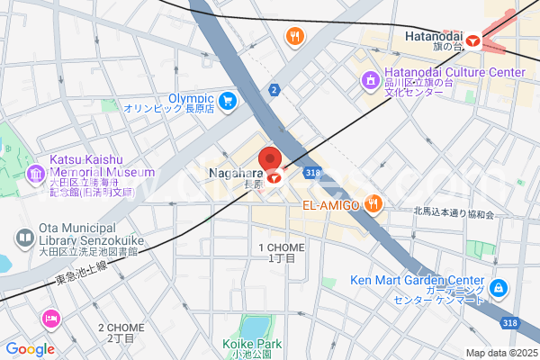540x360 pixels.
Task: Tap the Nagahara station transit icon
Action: coord(274,177)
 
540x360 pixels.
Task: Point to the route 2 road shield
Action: coord(273,90)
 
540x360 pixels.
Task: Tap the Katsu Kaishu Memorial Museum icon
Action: coord(36,173)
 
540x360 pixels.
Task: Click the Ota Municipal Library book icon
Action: coord(25,238)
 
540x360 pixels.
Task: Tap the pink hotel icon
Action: coord(50,318)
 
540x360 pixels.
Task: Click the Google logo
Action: coord(30,349)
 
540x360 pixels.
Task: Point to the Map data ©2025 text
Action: coord(500,353)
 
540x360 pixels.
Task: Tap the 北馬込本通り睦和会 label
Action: coord(454,213)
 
